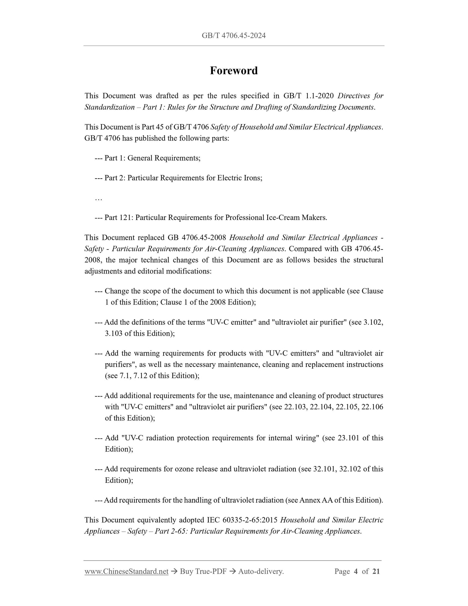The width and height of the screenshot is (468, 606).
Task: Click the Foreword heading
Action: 234,71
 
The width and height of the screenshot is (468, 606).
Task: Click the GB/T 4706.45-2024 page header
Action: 234,36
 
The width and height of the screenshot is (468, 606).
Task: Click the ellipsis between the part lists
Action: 98,198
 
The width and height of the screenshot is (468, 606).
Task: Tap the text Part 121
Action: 118,217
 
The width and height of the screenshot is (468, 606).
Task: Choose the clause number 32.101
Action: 324,469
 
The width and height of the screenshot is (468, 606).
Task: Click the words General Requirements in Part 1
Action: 164,158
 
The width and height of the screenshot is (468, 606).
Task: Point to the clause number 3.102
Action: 373,322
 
